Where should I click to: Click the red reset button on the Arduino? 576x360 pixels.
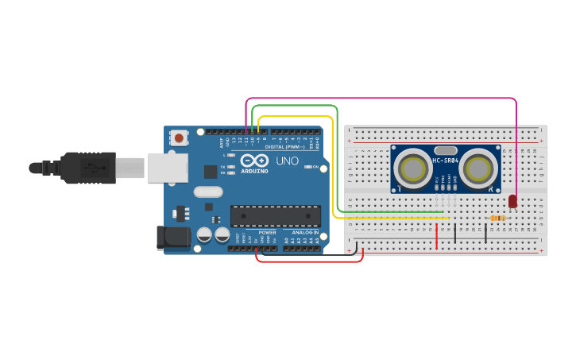pos(179,138)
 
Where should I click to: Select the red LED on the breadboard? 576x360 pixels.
pos(512,201)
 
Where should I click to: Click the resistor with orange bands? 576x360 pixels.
pos(498,219)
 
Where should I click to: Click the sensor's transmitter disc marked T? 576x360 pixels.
pos(414,168)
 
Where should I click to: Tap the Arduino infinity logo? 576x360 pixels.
pos(254,161)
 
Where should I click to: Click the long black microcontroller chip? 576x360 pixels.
pos(276,215)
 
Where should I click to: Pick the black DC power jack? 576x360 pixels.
pos(174,237)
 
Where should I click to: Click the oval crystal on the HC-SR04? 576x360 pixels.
pos(446,149)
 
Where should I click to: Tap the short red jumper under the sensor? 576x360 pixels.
pos(436,235)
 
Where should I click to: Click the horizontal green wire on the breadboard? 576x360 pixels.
pos(393,212)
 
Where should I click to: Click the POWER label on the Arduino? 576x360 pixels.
pos(267,233)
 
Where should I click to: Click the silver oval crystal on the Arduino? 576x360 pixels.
pos(208,191)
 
